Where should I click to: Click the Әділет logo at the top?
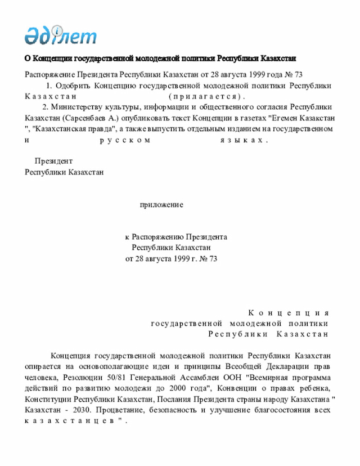pos(60,35)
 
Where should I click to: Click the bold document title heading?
pos(160,59)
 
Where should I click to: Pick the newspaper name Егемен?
pos(287,118)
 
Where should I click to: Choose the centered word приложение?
pos(161,205)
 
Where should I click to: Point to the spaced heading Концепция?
pos(288,312)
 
